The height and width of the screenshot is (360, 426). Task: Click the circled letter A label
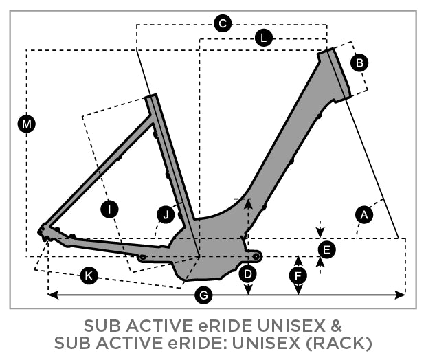[x=364, y=215]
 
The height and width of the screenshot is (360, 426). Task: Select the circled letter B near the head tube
[x=359, y=63]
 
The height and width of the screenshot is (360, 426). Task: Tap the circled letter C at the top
[x=222, y=24]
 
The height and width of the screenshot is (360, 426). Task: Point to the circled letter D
[x=248, y=274]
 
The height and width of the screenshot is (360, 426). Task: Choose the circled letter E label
[x=328, y=249]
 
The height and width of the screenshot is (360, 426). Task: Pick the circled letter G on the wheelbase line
[x=203, y=295]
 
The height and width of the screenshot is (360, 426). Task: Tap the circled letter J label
[x=166, y=215]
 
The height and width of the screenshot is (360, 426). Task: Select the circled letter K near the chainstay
[x=88, y=275]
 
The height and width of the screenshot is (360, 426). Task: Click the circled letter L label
[x=262, y=39]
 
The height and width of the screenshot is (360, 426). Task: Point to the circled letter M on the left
[x=27, y=124]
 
